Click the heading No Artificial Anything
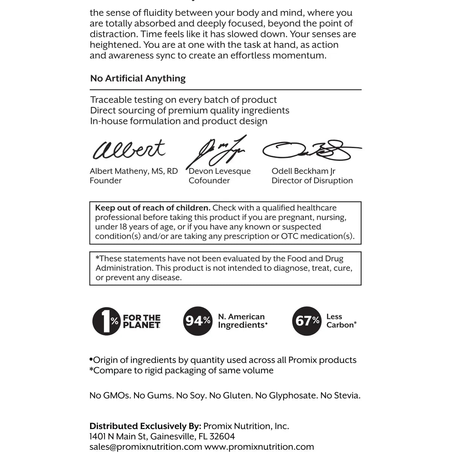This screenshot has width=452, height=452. (x=138, y=78)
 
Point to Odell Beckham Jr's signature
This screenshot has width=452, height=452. (x=311, y=151)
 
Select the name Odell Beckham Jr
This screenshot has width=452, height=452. (x=303, y=171)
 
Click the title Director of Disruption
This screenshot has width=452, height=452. (x=312, y=180)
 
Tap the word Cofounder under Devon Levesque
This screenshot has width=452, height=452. (x=209, y=180)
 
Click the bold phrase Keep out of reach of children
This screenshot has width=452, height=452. (x=153, y=208)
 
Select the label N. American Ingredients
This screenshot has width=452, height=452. (x=242, y=321)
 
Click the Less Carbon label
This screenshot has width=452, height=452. (x=341, y=321)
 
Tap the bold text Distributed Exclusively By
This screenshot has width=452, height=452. (x=145, y=426)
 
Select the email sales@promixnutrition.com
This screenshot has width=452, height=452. (x=146, y=447)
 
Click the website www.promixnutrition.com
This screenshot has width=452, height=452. (x=259, y=447)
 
